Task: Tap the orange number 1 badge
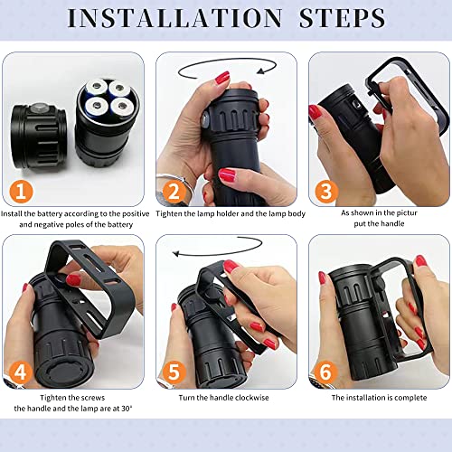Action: [x=22, y=192]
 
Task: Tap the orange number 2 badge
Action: [x=176, y=192]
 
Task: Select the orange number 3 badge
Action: [x=326, y=192]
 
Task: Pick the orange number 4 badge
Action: [x=22, y=372]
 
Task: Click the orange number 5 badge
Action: [x=176, y=372]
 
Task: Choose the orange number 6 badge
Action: [x=326, y=372]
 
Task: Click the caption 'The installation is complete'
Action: [x=378, y=397]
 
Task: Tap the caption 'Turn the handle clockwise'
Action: [x=225, y=397]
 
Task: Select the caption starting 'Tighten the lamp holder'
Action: [x=225, y=215]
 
